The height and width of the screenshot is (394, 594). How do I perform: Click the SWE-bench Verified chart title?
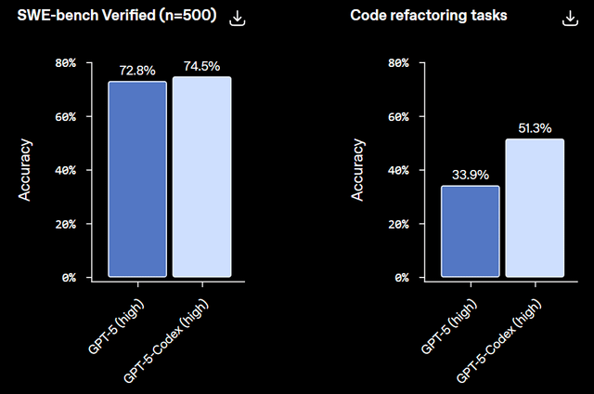pos(112,17)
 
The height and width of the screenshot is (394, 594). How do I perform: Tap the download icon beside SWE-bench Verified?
pos(238,18)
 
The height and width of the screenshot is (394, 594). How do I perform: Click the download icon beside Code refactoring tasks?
pos(569,18)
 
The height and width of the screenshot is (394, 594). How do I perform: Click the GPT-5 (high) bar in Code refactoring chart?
pos(470,231)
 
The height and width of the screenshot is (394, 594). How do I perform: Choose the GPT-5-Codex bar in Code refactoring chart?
pos(535,208)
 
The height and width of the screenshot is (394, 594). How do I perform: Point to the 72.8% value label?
pos(137,70)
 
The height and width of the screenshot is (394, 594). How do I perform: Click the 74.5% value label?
pos(201,65)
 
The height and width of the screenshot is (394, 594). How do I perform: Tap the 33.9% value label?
pos(470,174)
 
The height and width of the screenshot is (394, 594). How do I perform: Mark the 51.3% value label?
pos(535,127)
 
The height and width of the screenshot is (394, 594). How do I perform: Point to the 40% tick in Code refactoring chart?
pos(398,171)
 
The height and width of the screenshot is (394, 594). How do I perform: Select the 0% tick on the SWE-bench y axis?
pos(69,278)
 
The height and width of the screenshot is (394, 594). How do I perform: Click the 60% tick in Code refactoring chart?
pos(398,117)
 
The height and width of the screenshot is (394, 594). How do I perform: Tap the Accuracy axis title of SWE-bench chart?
pos(26,170)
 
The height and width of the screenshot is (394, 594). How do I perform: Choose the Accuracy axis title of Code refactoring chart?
pos(357,170)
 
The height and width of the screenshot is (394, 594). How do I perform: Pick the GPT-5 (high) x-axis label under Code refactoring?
pos(450,324)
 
